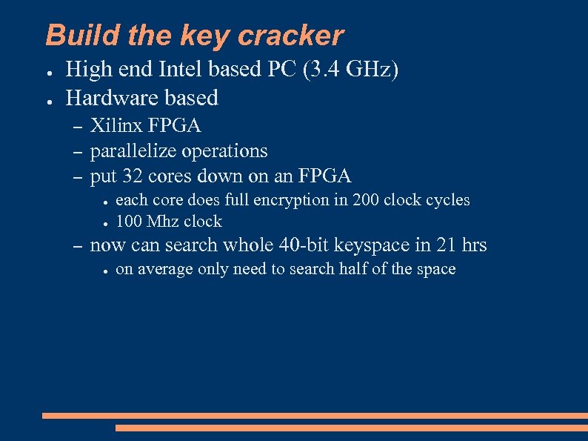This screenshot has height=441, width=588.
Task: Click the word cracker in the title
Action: tap(298, 36)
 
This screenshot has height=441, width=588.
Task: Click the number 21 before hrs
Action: tap(440, 245)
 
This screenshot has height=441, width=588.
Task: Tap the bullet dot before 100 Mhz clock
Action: tap(105, 223)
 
